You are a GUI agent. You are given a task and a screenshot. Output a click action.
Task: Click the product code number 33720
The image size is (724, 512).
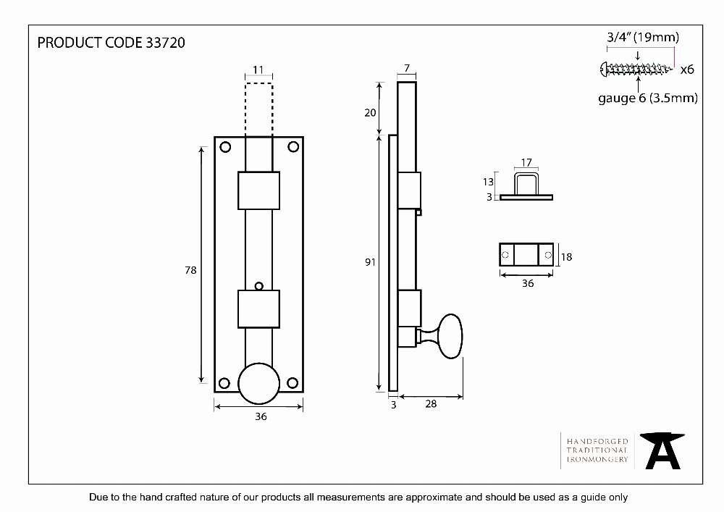(165, 43)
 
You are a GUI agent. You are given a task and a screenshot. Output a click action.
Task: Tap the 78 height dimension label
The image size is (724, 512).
(190, 270)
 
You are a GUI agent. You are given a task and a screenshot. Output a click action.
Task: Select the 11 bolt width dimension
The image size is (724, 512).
(258, 70)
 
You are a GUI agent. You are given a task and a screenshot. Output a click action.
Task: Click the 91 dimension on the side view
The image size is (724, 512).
(370, 262)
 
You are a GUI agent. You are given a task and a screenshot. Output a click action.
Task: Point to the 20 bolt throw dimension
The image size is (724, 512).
(370, 113)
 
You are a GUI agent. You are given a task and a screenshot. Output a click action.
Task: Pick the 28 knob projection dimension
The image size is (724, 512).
(431, 404)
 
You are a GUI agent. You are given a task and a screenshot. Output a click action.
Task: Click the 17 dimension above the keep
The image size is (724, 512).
(526, 162)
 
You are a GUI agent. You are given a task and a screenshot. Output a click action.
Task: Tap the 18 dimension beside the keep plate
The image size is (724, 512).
(567, 256)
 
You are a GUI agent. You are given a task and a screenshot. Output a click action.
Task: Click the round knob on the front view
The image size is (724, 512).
(258, 384)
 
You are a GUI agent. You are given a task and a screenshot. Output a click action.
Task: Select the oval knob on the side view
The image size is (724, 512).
(450, 336)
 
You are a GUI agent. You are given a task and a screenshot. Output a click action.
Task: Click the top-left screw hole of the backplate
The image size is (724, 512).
(225, 147)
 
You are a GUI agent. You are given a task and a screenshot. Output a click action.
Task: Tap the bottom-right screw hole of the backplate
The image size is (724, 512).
(292, 382)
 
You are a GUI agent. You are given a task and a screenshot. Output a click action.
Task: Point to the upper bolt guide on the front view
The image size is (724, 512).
(258, 190)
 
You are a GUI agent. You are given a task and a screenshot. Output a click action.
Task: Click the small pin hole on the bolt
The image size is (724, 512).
(259, 286)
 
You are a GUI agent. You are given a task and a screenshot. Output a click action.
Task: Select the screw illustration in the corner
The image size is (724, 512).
(636, 70)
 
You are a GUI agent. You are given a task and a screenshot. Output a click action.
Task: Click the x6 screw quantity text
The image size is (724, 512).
(687, 70)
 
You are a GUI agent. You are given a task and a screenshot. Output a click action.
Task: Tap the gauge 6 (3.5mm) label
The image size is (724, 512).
(648, 98)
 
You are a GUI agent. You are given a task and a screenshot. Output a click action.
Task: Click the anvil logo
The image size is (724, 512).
(662, 450)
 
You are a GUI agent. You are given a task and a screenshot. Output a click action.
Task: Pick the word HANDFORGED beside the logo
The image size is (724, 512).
(597, 441)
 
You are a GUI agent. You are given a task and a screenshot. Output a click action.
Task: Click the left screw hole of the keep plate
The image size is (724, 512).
(505, 255)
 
